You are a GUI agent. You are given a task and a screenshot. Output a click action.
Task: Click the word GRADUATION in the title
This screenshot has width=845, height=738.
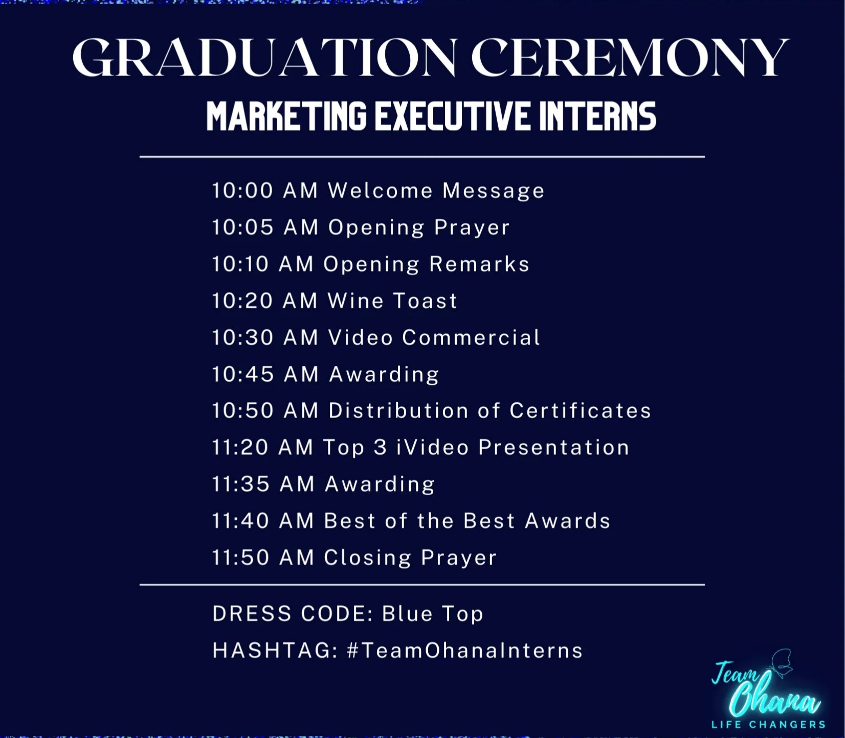(265, 57)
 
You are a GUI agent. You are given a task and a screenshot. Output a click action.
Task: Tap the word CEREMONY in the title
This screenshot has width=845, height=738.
(630, 57)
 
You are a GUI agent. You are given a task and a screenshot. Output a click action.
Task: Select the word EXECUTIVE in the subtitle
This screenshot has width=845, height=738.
(452, 116)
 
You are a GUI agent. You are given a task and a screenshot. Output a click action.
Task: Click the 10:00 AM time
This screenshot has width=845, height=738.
(265, 190)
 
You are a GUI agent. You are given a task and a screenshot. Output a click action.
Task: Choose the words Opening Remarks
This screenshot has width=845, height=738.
(427, 264)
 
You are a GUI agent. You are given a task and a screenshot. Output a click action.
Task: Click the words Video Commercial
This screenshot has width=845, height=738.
(434, 337)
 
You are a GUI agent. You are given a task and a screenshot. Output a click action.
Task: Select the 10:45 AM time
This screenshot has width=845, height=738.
(265, 374)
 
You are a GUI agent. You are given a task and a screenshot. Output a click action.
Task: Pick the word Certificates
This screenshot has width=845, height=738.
(581, 410)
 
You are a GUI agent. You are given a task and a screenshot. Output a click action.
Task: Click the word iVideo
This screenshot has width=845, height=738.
(433, 447)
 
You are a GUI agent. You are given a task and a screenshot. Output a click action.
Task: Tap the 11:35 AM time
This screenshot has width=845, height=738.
(263, 484)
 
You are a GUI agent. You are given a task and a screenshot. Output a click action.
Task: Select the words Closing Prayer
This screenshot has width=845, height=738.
(410, 558)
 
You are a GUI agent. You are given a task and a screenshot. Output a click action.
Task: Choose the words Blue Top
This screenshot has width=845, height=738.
(433, 614)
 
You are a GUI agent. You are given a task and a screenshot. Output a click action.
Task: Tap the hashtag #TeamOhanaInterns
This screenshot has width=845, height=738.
(465, 650)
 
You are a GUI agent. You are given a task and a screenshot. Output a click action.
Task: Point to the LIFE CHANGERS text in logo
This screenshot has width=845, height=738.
(768, 724)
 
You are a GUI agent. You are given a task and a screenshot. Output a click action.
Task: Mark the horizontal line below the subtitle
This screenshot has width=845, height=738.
(422, 157)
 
